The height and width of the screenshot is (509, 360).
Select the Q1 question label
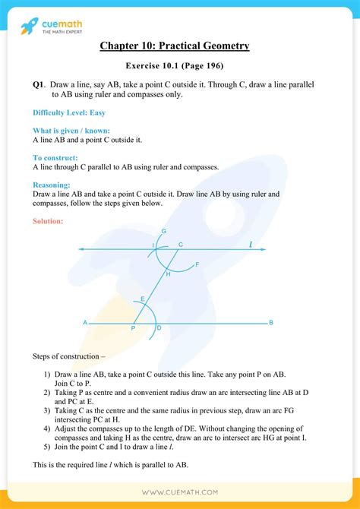click(39, 84)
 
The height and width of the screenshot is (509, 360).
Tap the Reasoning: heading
click(52, 185)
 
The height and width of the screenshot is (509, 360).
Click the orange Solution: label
click(48, 221)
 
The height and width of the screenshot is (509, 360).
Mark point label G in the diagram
click(164, 231)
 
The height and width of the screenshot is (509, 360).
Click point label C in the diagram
click(180, 244)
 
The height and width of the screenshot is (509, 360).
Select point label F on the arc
click(197, 264)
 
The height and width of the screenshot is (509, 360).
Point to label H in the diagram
click(168, 273)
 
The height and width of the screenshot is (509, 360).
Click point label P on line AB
click(133, 328)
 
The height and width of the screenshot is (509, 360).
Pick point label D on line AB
click(159, 328)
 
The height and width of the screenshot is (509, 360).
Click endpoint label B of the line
click(270, 323)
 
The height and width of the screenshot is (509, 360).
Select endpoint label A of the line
click(85, 323)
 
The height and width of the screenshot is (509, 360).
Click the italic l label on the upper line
click(251, 244)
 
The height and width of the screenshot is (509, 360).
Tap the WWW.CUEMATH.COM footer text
click(179, 492)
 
